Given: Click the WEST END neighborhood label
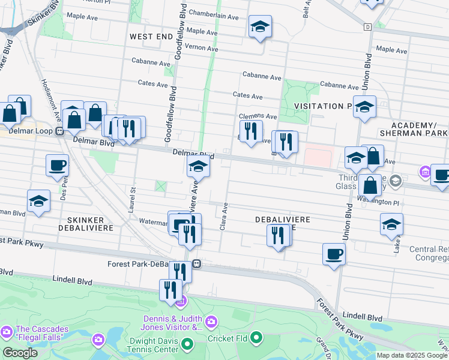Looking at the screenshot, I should pyautogui.click(x=151, y=37).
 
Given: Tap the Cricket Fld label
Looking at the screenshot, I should pyautogui.click(x=281, y=339).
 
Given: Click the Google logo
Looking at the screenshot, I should pyautogui.click(x=20, y=353).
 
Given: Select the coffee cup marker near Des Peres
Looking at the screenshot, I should pyautogui.click(x=57, y=165).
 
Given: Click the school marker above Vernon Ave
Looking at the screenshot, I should pyautogui.click(x=260, y=27).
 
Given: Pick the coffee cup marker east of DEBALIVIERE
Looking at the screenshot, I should pyautogui.click(x=334, y=253).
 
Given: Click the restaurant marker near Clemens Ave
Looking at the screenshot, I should pyautogui.click(x=251, y=130).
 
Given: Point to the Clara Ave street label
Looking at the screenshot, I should pyautogui.click(x=226, y=216).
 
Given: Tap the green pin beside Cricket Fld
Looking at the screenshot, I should pyautogui.click(x=256, y=339).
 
